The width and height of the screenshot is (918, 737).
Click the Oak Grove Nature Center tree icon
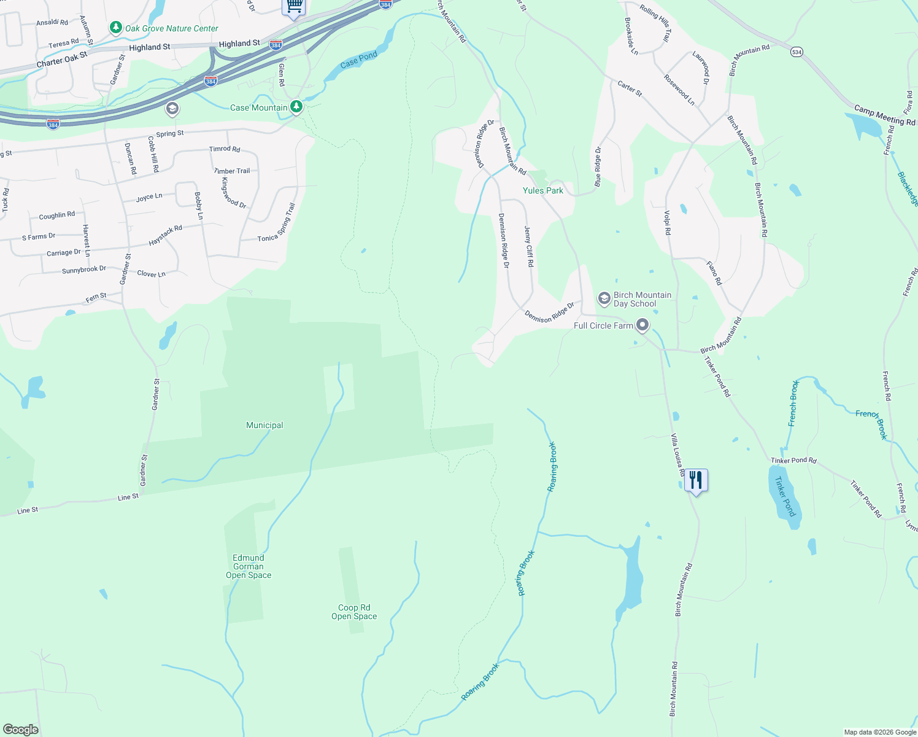pyautogui.click(x=115, y=28)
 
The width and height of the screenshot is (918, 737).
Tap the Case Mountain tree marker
pyautogui.click(x=296, y=107)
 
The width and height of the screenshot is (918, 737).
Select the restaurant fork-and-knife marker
pyautogui.click(x=696, y=479)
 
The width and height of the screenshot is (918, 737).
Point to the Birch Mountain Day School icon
pyautogui.click(x=604, y=298)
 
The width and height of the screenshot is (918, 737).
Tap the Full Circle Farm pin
pyautogui.click(x=642, y=325)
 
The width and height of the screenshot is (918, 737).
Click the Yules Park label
pyautogui.click(x=542, y=190)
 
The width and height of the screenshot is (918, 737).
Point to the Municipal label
pyautogui.click(x=264, y=425)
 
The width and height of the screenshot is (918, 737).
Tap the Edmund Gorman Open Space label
pyautogui.click(x=249, y=566)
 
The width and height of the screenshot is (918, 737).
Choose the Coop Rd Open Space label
pyautogui.click(x=354, y=612)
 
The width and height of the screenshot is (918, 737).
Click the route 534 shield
pyautogui.click(x=796, y=52)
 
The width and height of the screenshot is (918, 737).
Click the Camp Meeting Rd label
pyautogui.click(x=884, y=115)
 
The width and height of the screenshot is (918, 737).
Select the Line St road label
pyautogui.click(x=128, y=497)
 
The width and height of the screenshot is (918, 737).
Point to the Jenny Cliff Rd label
pyautogui.click(x=529, y=246)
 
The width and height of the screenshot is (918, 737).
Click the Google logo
pyautogui.click(x=21, y=730)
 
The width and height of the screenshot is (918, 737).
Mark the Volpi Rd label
pyautogui.click(x=668, y=222)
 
